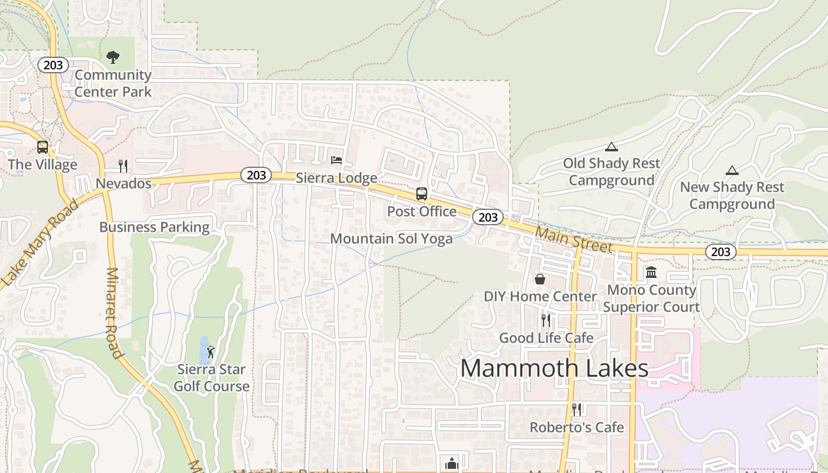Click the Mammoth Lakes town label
[x=554, y=368]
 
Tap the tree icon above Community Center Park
[x=113, y=57]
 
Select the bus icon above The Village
[x=43, y=147]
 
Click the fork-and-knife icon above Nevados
[x=123, y=166]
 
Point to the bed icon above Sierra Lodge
[x=337, y=160]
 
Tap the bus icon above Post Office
[x=422, y=193]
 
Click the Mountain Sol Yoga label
[x=392, y=239]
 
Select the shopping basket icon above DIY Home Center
[x=540, y=278]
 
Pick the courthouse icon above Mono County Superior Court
[x=651, y=272]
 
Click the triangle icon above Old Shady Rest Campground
[x=612, y=147]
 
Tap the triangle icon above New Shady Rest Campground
[x=732, y=171]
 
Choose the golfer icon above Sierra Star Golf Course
[x=211, y=352]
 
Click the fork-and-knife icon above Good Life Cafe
[x=546, y=320]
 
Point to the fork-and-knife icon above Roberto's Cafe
[x=577, y=409]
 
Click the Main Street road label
[x=574, y=239]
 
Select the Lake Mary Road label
[x=40, y=244]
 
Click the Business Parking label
[x=154, y=227]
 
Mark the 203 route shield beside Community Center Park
[x=53, y=65]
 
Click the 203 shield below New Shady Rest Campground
[x=720, y=252]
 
